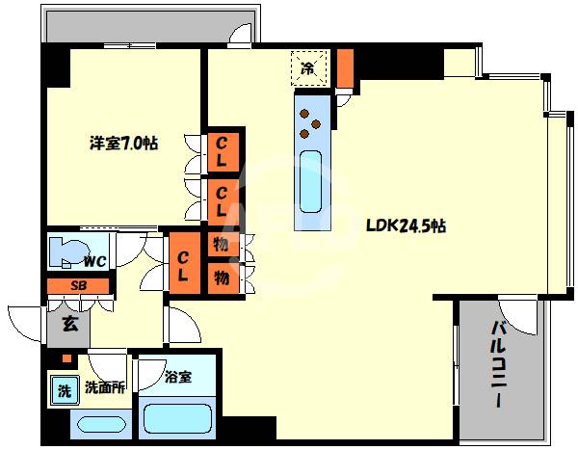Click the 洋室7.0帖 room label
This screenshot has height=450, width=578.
(x=123, y=143)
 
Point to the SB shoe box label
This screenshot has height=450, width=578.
(x=78, y=286)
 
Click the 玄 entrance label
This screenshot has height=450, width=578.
(x=70, y=324)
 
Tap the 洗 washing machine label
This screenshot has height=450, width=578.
(x=63, y=391)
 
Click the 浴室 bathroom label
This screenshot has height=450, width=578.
(x=178, y=377)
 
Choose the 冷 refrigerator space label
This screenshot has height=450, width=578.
(x=308, y=67)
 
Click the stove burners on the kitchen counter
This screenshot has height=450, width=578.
(x=310, y=122)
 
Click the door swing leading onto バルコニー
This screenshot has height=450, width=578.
(x=521, y=317)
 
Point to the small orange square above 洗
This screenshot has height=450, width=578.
(x=65, y=360)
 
